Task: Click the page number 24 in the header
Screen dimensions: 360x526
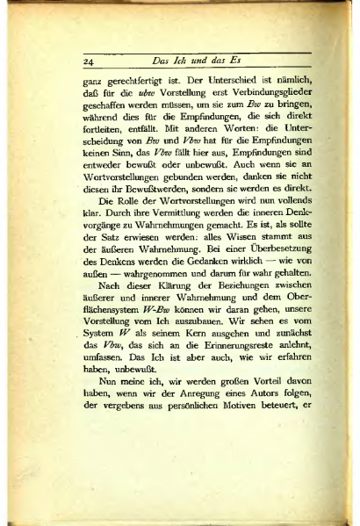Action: click(x=89, y=62)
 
